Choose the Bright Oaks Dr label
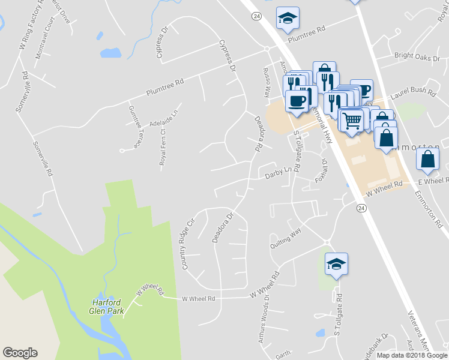pyautogui.click(x=417, y=58)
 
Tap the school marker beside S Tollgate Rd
pyautogui.click(x=337, y=263)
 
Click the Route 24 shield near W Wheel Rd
pyautogui.click(x=361, y=208)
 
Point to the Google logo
pyautogui.click(x=20, y=353)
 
